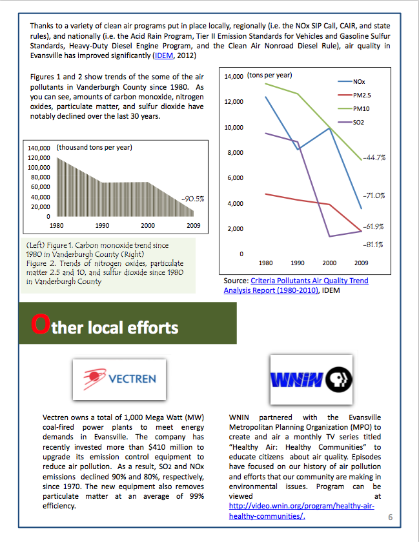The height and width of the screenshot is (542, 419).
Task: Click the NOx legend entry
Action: click(x=358, y=82)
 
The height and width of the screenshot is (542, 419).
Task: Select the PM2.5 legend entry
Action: click(x=362, y=95)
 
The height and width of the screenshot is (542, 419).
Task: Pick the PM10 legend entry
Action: click(x=360, y=109)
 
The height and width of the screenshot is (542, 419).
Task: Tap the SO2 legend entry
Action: click(x=358, y=122)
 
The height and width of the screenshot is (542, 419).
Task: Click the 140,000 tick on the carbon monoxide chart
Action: click(x=39, y=148)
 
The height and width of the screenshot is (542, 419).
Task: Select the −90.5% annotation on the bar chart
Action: click(x=193, y=199)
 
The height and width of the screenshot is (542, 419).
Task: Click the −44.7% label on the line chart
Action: click(x=374, y=157)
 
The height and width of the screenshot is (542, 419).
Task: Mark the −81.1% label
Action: click(x=373, y=245)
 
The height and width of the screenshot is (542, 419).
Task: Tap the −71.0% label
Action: click(x=374, y=195)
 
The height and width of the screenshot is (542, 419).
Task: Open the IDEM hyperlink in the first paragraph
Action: click(x=164, y=56)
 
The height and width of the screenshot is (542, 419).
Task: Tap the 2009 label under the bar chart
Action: click(x=193, y=226)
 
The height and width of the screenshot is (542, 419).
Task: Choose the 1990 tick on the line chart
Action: click(x=298, y=263)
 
